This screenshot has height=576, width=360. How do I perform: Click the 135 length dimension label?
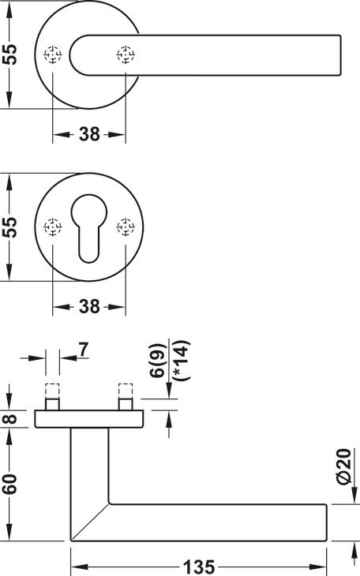tap(199, 567)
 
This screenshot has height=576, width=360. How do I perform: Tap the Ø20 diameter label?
tap(344, 466)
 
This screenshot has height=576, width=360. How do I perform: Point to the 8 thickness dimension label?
tap(11, 419)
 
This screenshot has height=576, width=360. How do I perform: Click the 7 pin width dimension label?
tap(84, 350)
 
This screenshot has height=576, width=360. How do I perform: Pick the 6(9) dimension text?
tap(157, 361)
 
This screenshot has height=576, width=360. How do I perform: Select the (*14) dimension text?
tap(182, 361)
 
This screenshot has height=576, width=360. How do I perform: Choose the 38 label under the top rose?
tap(89, 134)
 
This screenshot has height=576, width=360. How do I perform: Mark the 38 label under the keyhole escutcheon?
tap(89, 306)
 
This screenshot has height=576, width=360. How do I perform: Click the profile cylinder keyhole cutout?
tap(89, 229)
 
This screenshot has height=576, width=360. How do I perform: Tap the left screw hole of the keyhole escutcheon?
tap(53, 227)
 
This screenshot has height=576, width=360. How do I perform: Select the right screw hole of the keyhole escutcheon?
tap(126, 227)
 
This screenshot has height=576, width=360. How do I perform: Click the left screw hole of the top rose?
tap(53, 54)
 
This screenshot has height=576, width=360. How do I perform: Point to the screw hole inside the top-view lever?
tap(126, 54)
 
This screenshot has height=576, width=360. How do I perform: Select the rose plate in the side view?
tap(89, 419)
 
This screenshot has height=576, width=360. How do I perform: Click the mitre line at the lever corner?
tap(90, 522)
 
